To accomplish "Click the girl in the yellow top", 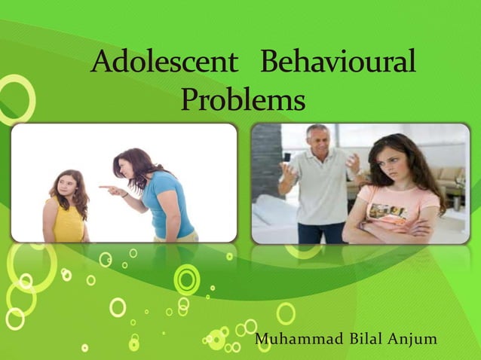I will coord(66,215).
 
